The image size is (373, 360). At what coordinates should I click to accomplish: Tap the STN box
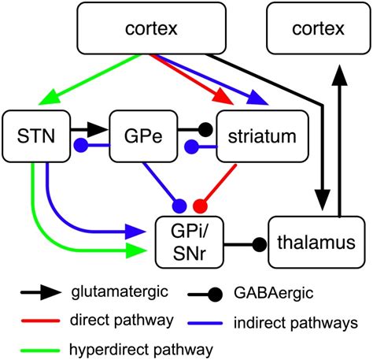coord(36,137)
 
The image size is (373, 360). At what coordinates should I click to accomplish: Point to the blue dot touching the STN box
coord(79,145)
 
